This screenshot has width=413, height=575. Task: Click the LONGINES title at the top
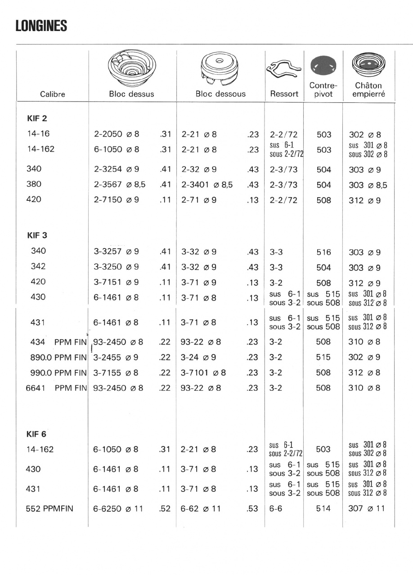(41, 27)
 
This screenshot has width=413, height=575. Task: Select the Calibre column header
(53, 94)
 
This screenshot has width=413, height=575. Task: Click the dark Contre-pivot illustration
(323, 66)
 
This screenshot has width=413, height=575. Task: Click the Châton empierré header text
(368, 90)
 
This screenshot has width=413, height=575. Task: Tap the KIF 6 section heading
(37, 434)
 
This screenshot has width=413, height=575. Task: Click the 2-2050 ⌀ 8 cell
(117, 134)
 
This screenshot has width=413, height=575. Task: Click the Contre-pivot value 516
(323, 252)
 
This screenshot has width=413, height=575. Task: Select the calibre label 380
(34, 184)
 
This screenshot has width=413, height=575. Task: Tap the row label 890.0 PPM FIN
(57, 358)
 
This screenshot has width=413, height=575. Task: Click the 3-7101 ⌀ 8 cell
(203, 372)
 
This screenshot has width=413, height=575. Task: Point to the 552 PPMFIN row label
(50, 509)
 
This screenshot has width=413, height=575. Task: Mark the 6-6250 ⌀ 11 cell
(120, 509)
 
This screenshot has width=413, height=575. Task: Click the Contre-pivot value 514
(323, 509)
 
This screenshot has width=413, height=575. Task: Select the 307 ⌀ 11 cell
(367, 509)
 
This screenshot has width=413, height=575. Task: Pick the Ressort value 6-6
(276, 509)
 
